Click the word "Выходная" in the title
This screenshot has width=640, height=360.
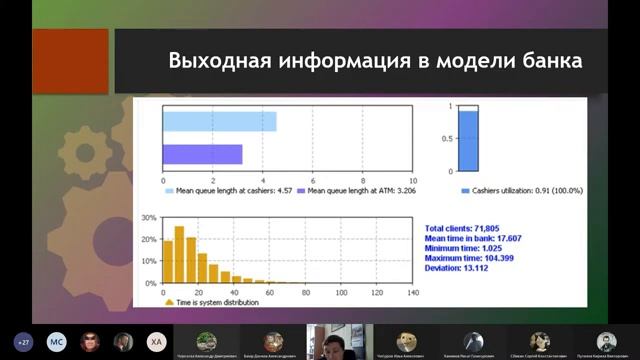pyautogui.click(x=213, y=60)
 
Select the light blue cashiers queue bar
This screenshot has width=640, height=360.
pyautogui.click(x=219, y=121)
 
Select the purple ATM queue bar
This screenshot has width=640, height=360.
pyautogui.click(x=202, y=154)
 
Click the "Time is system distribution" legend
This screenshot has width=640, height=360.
pyautogui.click(x=214, y=301)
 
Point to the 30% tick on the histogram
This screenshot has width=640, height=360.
pyautogui.click(x=148, y=217)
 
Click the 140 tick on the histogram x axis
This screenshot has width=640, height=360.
pyautogui.click(x=413, y=293)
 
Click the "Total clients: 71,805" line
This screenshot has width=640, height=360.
pyautogui.click(x=463, y=230)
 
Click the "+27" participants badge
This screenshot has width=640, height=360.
pyautogui.click(x=23, y=341)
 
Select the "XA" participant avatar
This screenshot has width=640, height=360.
pyautogui.click(x=155, y=341)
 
